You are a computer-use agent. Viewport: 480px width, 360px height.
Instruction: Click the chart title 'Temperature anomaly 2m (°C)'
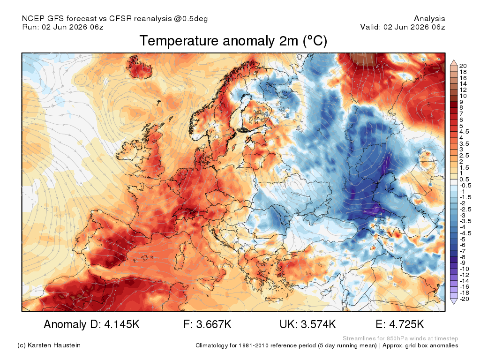(233, 41)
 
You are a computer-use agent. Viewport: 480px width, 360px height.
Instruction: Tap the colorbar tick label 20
(463, 66)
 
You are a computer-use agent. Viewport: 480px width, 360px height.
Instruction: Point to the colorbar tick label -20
(464, 299)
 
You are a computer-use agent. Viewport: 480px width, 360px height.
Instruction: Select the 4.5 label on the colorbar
(464, 132)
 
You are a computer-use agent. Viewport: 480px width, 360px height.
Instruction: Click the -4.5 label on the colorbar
(465, 233)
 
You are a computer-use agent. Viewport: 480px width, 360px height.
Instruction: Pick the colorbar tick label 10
(463, 96)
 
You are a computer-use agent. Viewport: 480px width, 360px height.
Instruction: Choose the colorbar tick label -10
(464, 269)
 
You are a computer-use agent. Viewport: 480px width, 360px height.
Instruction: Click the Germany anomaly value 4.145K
(122, 324)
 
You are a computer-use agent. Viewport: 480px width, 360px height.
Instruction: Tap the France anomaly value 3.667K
(214, 324)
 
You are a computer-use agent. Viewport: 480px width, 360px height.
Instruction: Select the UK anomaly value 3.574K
(318, 324)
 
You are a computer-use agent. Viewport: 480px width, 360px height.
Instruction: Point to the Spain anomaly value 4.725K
(406, 324)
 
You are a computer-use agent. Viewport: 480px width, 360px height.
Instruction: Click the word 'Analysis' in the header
(429, 19)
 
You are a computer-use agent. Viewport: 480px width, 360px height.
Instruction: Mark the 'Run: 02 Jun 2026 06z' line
(63, 27)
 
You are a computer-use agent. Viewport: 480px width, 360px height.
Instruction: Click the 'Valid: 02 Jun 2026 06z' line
(403, 27)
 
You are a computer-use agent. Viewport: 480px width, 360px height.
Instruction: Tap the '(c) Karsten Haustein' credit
(49, 345)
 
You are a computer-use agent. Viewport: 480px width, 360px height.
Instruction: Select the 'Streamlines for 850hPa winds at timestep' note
(400, 338)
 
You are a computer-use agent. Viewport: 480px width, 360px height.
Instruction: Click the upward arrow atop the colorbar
(454, 63)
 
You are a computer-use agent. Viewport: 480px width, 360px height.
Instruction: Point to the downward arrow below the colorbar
(454, 301)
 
